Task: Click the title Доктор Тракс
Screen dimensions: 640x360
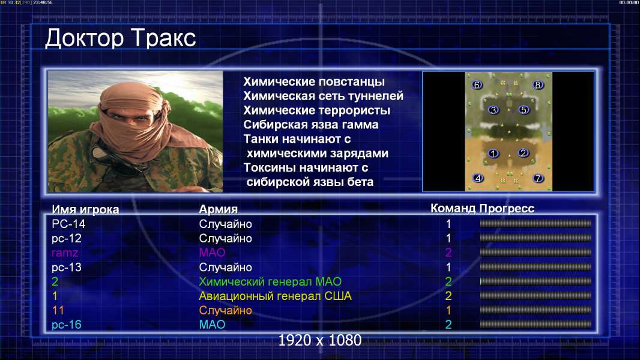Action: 121,38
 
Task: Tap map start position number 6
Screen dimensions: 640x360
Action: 477,85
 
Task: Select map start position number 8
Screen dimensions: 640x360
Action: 537,85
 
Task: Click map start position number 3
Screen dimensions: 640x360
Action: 494,110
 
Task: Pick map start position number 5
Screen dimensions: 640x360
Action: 524,110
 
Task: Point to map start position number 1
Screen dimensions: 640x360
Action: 494,154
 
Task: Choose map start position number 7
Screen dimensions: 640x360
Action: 539,178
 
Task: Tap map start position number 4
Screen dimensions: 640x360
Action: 478,178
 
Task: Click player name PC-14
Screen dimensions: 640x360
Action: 68,224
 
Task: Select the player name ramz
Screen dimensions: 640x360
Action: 65,253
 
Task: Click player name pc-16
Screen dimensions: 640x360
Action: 67,325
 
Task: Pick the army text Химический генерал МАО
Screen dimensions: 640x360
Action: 270,282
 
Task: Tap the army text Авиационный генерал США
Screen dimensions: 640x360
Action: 275,296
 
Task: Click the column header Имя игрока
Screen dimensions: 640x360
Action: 85,209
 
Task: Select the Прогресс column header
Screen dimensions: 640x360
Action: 507,209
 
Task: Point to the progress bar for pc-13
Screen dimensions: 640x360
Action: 536,267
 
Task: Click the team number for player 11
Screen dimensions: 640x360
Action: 448,310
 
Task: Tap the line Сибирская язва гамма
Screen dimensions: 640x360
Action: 311,125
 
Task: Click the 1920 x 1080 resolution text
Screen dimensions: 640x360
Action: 320,340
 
